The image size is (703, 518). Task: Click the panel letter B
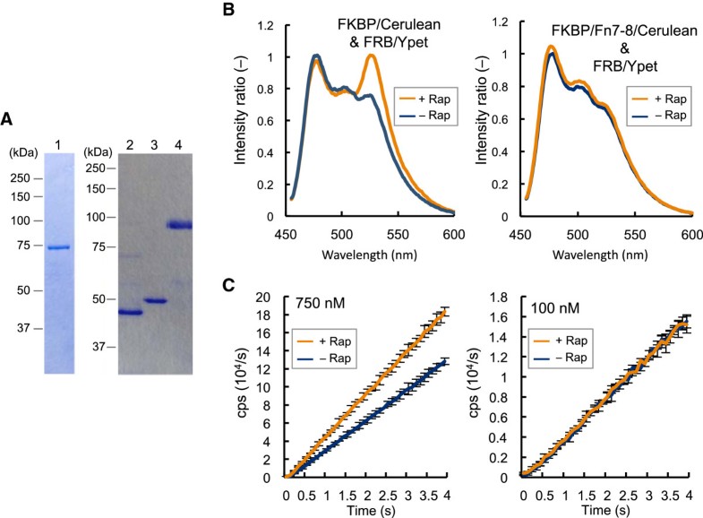pyautogui.click(x=230, y=10)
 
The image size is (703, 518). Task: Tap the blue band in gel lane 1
pyautogui.click(x=58, y=247)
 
